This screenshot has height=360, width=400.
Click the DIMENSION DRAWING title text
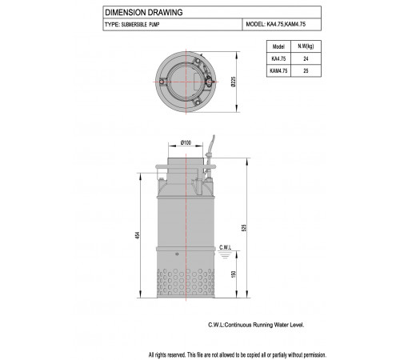pyautogui.click(x=144, y=12)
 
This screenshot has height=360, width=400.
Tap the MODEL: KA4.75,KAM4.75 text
pyautogui.click(x=276, y=24)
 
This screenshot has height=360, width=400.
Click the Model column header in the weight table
pyautogui.click(x=278, y=46)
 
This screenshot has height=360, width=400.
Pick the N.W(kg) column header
pyautogui.click(x=306, y=46)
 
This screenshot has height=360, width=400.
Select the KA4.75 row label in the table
pyautogui.click(x=278, y=58)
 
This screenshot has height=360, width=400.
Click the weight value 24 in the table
pyautogui.click(x=306, y=58)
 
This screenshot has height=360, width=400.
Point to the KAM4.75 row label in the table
pyautogui.click(x=278, y=71)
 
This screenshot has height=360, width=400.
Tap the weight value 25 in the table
pyautogui.click(x=306, y=71)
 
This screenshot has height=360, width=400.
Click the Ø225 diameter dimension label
pyautogui.click(x=234, y=82)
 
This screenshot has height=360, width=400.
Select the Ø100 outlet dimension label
pyautogui.click(x=186, y=142)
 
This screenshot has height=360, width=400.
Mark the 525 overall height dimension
pyautogui.click(x=244, y=228)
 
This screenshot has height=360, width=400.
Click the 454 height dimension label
pyautogui.click(x=137, y=235)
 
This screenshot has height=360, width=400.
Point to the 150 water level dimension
pyautogui.click(x=234, y=274)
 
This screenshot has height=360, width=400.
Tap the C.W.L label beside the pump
pyautogui.click(x=226, y=247)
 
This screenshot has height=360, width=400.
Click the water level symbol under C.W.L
pyautogui.click(x=225, y=255)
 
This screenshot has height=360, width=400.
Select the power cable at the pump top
pyautogui.click(x=210, y=156)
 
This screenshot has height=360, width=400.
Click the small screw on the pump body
pyautogui.click(x=177, y=254)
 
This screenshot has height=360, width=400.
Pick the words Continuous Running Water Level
pyautogui.click(x=264, y=325)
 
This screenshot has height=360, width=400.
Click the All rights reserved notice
pyautogui.click(x=238, y=355)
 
